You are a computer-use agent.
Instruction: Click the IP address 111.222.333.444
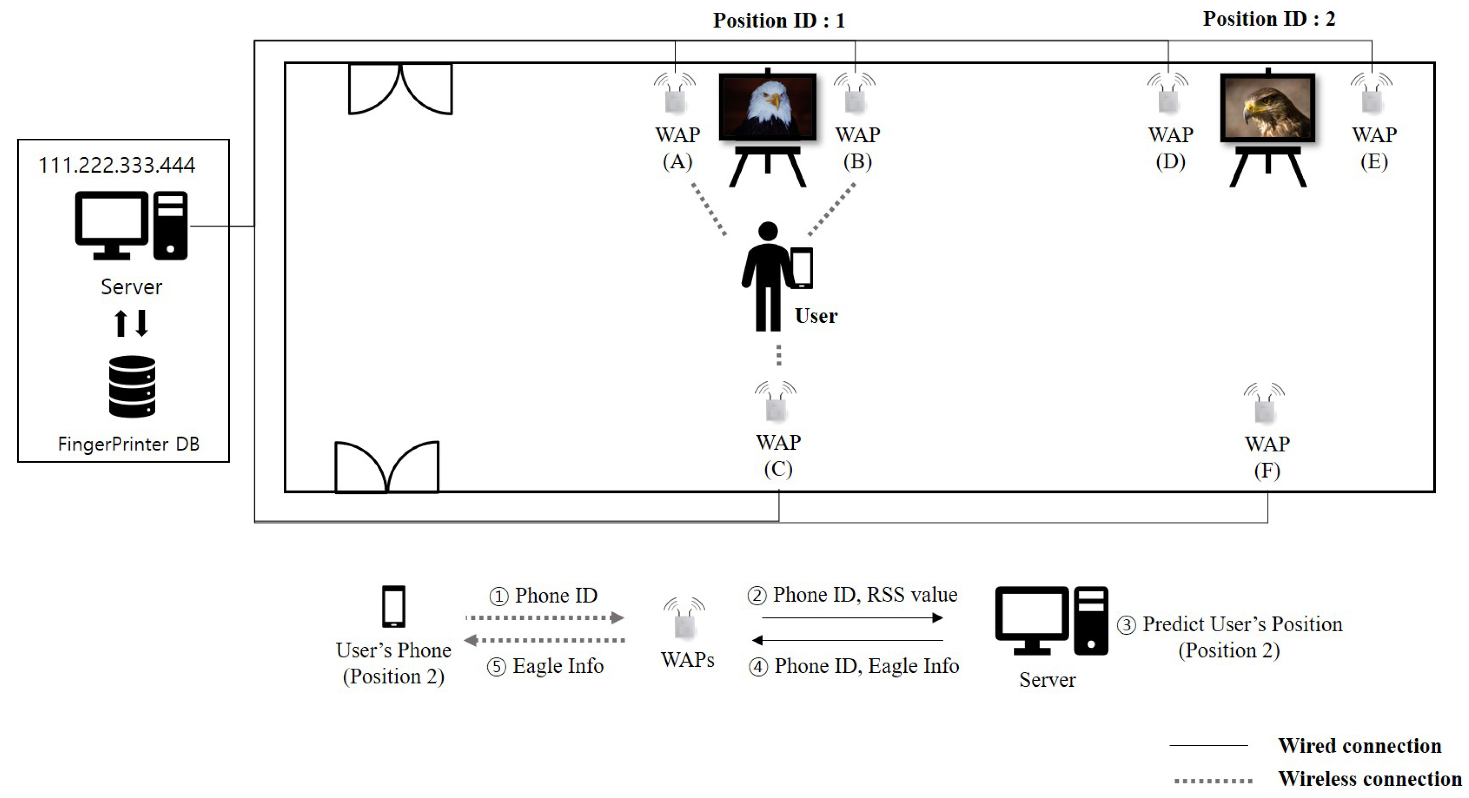pyautogui.click(x=117, y=165)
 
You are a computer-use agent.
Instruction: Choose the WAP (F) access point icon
pyautogui.click(x=1264, y=406)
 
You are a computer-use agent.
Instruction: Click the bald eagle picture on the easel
pyautogui.click(x=768, y=106)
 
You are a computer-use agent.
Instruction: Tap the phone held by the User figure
pyautogui.click(x=802, y=268)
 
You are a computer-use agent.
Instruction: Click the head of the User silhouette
pyautogui.click(x=768, y=231)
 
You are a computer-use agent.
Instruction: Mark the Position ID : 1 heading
pyautogui.click(x=778, y=20)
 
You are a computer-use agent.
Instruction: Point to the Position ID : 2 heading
pyautogui.click(x=1269, y=19)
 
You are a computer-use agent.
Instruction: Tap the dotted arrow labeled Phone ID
pyautogui.click(x=544, y=617)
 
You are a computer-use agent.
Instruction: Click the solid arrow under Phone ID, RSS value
pyautogui.click(x=852, y=618)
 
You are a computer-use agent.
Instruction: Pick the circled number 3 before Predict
pyautogui.click(x=1126, y=625)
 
